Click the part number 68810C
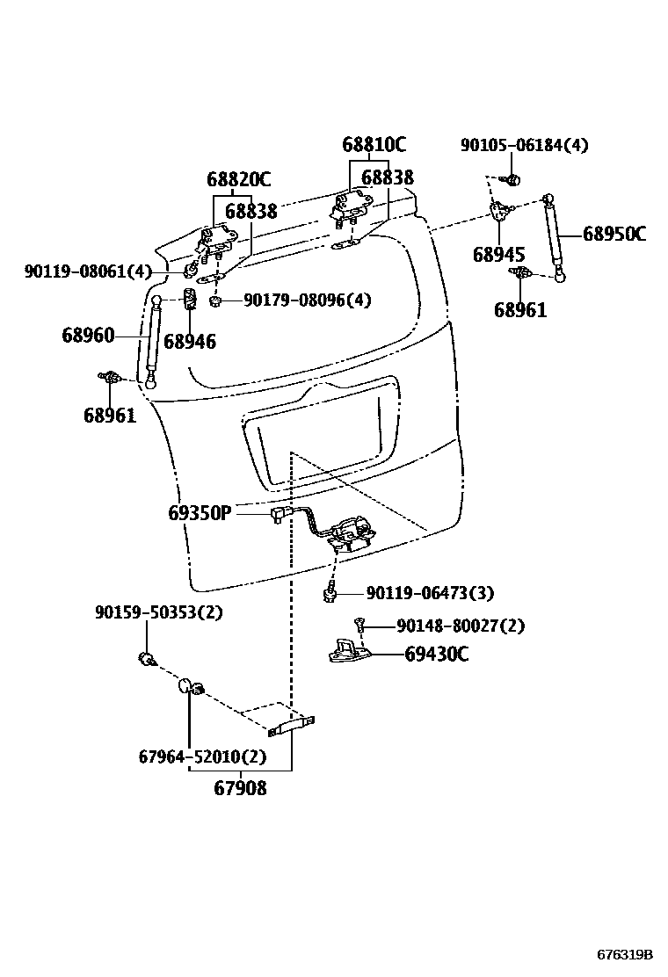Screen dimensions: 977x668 tap(374, 145)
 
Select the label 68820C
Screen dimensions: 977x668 tap(238, 180)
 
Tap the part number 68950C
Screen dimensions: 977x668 tap(614, 234)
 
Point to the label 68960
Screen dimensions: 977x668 tap(88, 335)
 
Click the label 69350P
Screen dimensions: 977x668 tap(200, 512)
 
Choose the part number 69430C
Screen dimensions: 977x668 tap(437, 654)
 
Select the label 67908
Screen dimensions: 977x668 tap(240, 788)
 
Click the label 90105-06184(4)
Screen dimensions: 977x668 tap(524, 145)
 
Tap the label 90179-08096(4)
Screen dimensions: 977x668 tap(307, 300)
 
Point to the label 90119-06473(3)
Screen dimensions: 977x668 tap(429, 594)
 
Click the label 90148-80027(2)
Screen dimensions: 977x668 tap(460, 626)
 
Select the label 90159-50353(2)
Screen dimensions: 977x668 tap(158, 612)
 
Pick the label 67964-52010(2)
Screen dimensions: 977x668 tap(202, 756)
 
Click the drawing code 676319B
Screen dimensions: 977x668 tap(625, 953)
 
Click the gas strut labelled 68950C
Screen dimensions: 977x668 tap(554, 237)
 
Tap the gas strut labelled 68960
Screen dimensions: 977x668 tap(155, 341)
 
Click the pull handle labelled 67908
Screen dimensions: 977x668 tap(291, 723)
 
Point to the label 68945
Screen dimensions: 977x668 tap(498, 255)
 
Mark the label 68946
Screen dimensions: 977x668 tap(190, 342)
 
